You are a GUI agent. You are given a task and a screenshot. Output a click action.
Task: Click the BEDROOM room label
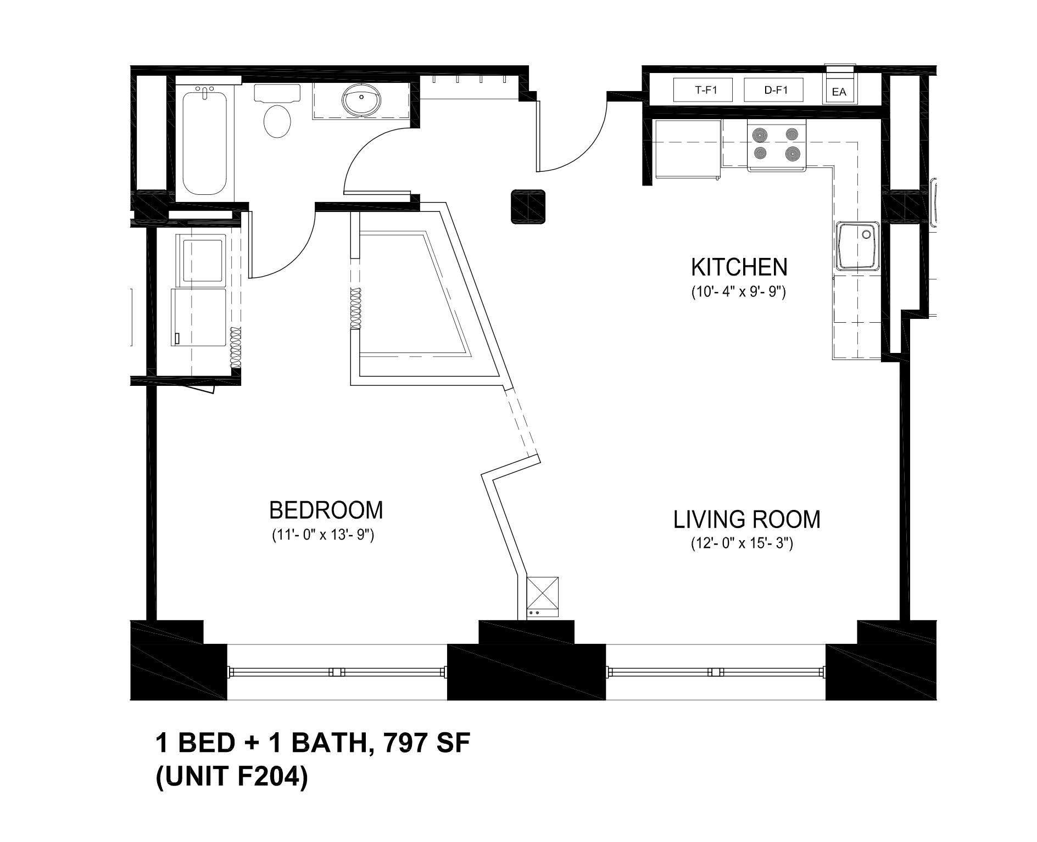coord(326,510)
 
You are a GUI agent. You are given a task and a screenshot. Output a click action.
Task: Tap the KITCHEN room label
coord(739,267)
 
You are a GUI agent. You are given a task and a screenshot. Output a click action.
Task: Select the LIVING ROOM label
coord(747,519)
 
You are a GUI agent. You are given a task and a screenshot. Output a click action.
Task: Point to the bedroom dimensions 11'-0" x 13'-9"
coord(323,535)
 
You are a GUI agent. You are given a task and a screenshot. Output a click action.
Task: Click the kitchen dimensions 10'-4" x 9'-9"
coord(739,292)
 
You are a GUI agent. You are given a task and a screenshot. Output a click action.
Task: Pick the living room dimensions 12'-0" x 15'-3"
coord(742,544)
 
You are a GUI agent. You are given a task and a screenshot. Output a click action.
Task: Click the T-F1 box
coord(703,90)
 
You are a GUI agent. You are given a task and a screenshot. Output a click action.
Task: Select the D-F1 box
coord(773,90)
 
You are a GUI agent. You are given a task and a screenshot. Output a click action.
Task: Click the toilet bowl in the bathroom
coord(277,121)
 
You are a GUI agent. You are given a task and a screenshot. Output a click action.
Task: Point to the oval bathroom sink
coord(361,100)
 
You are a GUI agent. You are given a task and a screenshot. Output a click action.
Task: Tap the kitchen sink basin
coord(858,246)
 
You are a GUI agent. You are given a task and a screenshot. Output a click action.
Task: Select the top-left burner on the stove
coord(761,134)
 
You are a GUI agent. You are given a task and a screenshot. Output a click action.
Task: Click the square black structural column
coord(528,207)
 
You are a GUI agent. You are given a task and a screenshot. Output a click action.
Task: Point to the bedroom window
coord(337,672)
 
